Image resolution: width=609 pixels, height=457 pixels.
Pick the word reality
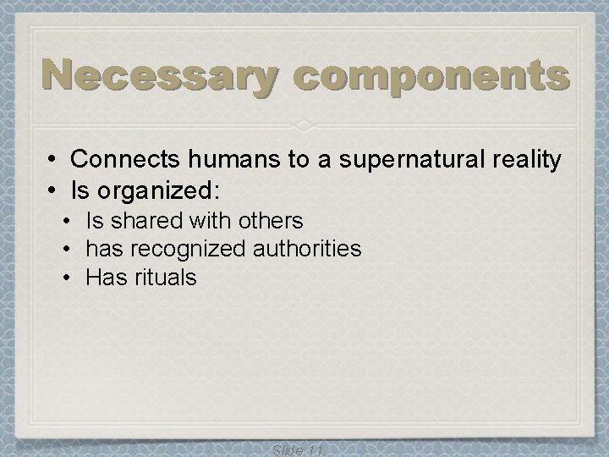click(523, 159)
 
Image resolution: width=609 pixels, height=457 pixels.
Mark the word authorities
click(312, 249)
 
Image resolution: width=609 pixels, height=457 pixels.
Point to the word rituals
click(166, 277)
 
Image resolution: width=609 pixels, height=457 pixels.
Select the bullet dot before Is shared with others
click(69, 221)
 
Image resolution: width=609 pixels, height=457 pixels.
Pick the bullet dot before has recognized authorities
click(69, 249)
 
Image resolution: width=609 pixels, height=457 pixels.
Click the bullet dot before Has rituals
click(69, 277)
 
